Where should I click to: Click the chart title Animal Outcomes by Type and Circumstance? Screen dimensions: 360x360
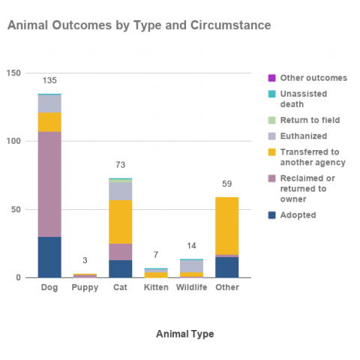(139, 25)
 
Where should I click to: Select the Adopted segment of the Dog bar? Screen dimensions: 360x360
(49, 257)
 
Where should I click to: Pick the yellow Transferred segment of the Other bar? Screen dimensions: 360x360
(226, 226)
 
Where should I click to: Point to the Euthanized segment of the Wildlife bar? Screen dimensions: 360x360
(191, 266)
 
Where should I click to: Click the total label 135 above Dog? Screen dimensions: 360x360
(49, 80)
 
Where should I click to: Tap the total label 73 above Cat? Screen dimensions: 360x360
(121, 164)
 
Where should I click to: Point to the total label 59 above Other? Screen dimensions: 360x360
(226, 184)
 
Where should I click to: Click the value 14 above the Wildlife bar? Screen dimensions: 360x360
(191, 245)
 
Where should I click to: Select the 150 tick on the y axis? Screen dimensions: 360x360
(13, 73)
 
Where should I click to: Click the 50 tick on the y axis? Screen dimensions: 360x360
(16, 209)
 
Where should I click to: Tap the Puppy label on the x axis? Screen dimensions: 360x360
(85, 287)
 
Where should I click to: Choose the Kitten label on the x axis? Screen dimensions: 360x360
(156, 287)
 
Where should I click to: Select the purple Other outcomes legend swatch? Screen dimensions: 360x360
(271, 78)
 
